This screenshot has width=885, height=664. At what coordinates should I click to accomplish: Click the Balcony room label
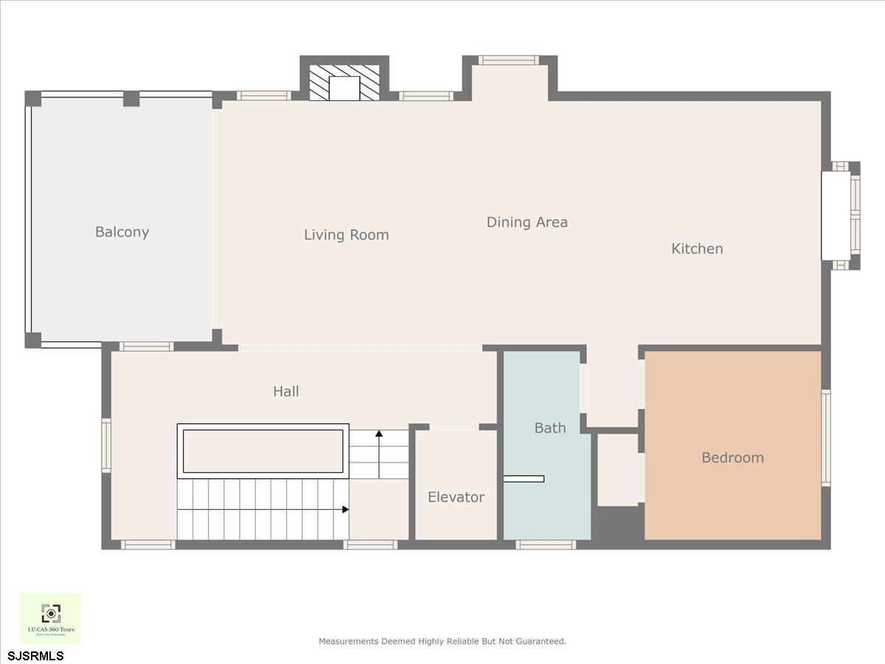122,232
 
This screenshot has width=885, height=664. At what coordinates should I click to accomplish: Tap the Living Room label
346,235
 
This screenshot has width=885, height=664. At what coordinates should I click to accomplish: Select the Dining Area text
527,222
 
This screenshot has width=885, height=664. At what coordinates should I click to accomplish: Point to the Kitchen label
696,249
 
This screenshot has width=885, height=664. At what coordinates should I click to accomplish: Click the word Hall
285,392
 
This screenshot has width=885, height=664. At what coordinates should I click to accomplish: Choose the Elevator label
456,497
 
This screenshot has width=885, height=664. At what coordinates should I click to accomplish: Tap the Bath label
549,428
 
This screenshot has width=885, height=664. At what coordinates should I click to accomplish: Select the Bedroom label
732,457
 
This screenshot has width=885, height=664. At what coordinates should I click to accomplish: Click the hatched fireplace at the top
344,83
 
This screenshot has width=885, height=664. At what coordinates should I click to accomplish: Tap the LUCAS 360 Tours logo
50,618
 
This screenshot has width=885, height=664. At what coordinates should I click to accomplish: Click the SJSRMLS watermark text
36,656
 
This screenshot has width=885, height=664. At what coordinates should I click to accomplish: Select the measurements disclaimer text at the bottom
442,641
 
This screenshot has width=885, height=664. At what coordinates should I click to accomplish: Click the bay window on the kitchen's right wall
841,215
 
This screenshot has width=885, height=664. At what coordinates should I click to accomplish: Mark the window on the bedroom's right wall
826,438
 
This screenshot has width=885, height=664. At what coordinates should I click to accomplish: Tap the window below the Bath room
546,544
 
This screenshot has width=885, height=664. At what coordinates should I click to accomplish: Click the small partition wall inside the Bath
524,479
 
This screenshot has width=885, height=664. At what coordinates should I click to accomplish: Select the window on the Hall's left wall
106,445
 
